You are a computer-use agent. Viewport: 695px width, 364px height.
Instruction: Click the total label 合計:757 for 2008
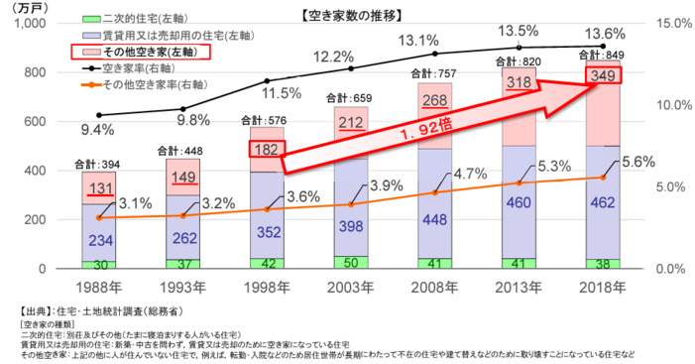pos(433,73)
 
